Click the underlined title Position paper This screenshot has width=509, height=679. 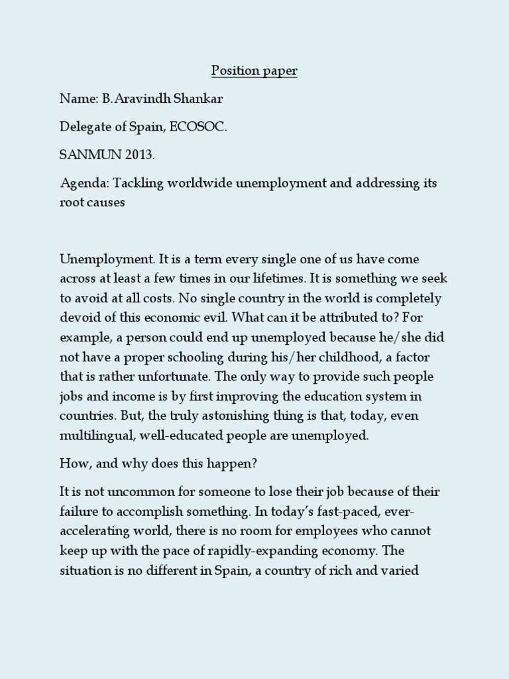point(254,71)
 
